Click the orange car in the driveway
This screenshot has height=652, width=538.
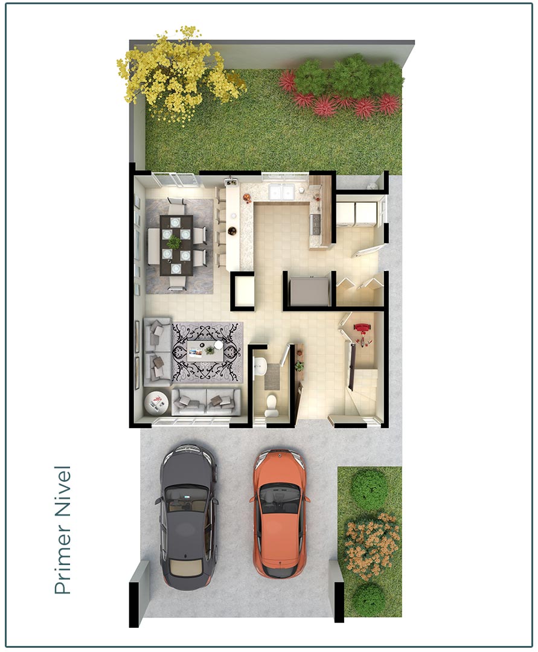coord(279,513)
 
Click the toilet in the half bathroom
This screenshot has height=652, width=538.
coord(271,404)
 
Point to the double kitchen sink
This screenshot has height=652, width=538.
coord(281,192)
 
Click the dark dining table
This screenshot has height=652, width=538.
coord(176,245)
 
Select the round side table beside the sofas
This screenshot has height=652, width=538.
coord(156,403)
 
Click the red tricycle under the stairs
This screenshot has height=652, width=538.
coord(362,332)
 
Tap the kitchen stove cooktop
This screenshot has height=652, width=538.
coord(315,223)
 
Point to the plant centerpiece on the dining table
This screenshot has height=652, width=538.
coord(174,241)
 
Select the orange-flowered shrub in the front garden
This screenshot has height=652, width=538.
coord(372,545)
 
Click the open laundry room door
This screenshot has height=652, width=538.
coord(368,251)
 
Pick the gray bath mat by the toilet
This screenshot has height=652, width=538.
coord(273,376)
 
